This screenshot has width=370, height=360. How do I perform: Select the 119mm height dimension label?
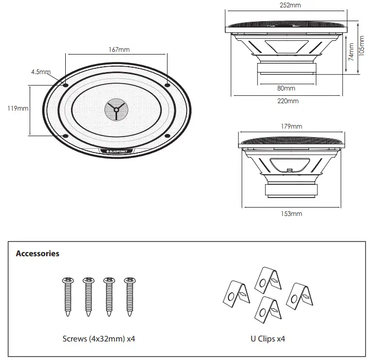18,109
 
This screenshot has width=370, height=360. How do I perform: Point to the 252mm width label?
290,5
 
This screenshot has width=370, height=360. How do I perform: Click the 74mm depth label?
350,56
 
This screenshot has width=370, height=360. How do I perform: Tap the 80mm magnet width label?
286,88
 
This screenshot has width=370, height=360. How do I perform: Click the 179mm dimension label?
292,127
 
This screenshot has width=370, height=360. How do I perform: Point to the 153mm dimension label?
292,214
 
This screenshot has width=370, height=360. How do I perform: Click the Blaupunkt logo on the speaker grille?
118,151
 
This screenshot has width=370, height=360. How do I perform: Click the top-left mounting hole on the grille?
66,85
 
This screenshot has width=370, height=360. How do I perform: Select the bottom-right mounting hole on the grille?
167,136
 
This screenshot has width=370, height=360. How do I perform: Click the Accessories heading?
38,254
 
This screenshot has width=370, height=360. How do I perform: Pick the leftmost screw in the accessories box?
67,296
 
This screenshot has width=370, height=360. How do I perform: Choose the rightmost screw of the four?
128,296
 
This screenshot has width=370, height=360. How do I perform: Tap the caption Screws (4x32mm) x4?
98,338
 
